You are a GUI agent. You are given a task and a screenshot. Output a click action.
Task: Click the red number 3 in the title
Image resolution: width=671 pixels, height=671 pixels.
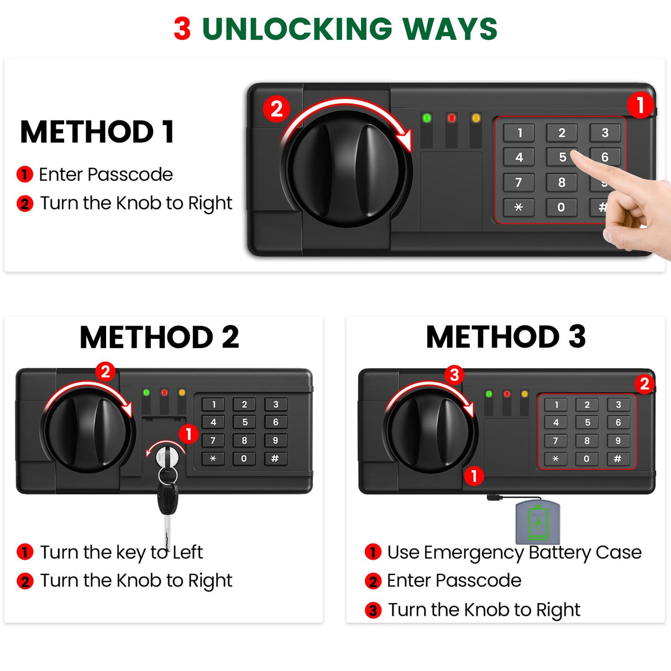(182, 29)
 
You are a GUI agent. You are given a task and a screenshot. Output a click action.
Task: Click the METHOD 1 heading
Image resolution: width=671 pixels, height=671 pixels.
(97, 132)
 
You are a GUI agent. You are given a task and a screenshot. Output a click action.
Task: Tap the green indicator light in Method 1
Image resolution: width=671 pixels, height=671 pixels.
(427, 118)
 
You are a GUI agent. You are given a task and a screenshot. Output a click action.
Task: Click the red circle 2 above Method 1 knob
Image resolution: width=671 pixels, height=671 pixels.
(276, 108)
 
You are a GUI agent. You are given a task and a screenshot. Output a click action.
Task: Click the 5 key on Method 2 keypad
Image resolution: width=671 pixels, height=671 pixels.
(244, 422)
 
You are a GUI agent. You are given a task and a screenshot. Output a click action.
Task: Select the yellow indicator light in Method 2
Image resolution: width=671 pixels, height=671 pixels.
(182, 392)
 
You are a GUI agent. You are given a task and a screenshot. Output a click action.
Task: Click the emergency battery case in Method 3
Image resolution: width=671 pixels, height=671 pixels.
(538, 522)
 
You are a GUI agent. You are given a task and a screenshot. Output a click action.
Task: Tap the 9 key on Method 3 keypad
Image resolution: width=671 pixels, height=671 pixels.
(618, 441)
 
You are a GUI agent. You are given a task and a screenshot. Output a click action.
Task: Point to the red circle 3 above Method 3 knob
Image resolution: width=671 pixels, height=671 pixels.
(454, 375)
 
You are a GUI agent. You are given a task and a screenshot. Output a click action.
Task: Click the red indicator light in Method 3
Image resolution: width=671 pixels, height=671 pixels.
(507, 394)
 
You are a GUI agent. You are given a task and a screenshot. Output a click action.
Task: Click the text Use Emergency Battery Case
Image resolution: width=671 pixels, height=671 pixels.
(514, 552)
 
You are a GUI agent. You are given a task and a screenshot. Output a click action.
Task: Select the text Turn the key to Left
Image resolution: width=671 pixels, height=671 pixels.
(121, 552)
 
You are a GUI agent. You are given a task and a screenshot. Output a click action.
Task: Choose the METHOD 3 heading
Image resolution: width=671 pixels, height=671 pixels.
(506, 337)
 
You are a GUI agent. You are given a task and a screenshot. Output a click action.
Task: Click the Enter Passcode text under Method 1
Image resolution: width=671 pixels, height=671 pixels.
(106, 175)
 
